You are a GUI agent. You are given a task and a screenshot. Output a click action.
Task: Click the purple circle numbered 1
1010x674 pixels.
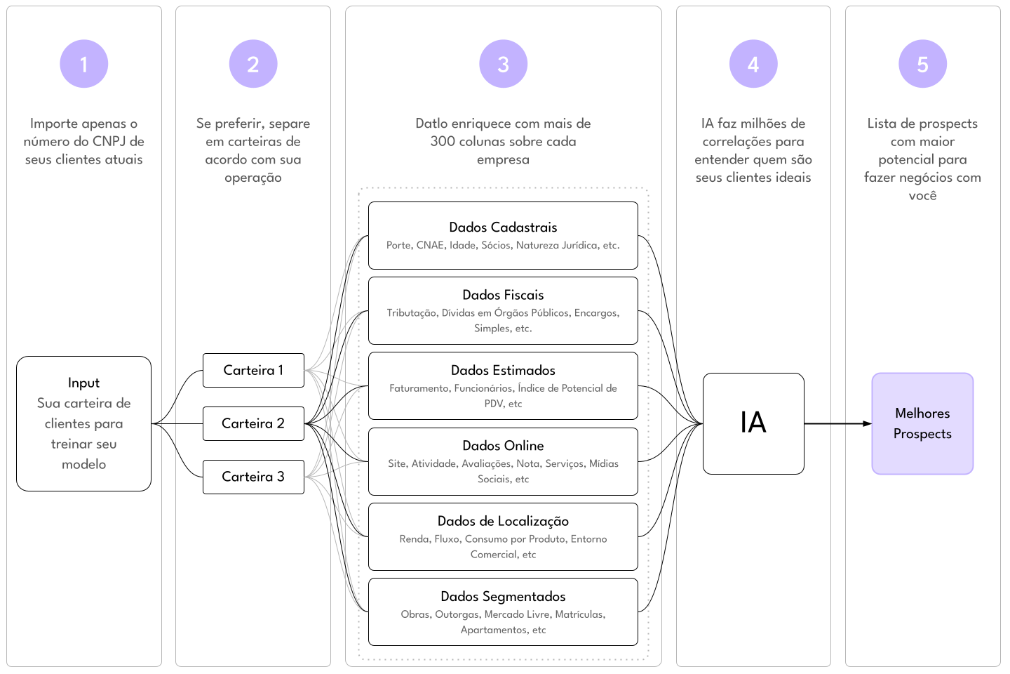83,64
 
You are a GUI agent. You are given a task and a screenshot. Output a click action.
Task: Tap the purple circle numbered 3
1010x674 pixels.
503,64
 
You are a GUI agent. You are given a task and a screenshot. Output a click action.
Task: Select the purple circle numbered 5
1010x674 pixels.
922,64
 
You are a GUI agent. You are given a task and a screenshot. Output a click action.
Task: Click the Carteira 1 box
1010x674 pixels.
253,370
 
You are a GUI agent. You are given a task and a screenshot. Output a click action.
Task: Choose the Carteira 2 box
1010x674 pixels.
253,423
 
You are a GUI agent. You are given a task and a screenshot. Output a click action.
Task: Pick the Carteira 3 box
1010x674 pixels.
253,477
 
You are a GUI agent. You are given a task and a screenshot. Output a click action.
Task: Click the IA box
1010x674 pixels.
753,423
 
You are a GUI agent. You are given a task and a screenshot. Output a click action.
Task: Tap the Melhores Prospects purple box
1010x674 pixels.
922,423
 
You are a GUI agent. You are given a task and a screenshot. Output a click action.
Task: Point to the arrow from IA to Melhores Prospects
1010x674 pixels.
838,423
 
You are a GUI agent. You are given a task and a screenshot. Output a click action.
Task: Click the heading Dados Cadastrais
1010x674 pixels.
503,227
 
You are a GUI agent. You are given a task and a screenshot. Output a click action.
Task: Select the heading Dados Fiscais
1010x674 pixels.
503,295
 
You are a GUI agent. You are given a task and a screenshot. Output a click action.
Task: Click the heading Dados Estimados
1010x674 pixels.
503,370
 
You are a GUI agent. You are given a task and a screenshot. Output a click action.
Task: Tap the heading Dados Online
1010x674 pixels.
503,445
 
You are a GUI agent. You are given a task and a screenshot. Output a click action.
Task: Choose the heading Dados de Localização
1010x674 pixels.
503,521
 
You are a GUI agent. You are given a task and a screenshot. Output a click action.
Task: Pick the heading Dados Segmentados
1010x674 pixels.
503,596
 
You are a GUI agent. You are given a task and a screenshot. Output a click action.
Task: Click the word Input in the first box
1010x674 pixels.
83,383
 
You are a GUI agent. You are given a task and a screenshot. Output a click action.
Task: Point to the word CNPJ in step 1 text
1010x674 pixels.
109,141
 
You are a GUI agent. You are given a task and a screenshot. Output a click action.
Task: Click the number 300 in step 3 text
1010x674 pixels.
443,141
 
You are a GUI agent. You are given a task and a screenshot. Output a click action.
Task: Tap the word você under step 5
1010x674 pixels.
922,196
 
